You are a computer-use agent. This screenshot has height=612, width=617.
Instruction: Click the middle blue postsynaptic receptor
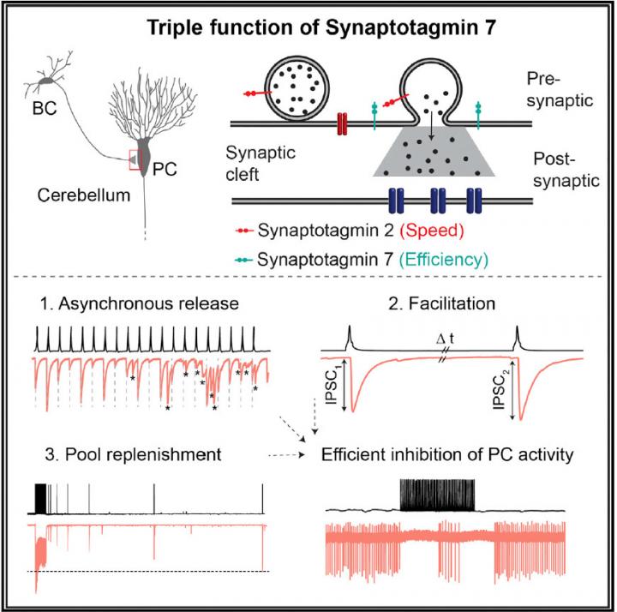point(439,202)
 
